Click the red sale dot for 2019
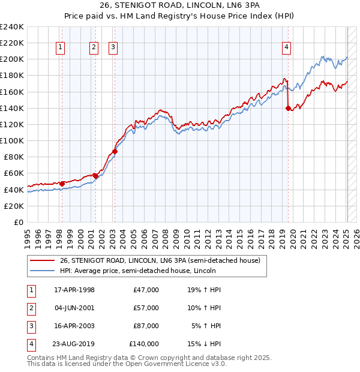288,108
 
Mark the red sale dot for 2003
115,151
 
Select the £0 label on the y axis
18,222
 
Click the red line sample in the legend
43,260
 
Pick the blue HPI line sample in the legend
43,271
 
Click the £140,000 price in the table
144,344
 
